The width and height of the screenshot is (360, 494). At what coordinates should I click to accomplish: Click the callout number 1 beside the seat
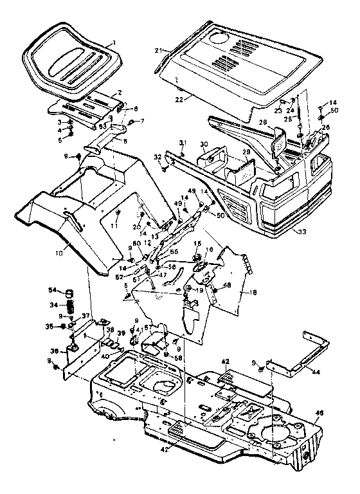pyautogui.click(x=114, y=42)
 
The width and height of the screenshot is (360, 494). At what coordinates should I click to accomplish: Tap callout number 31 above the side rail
pyautogui.click(x=183, y=143)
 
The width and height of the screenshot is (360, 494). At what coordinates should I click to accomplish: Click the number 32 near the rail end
pyautogui.click(x=158, y=156)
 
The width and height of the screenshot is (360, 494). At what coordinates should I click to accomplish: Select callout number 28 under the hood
pyautogui.click(x=263, y=122)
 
